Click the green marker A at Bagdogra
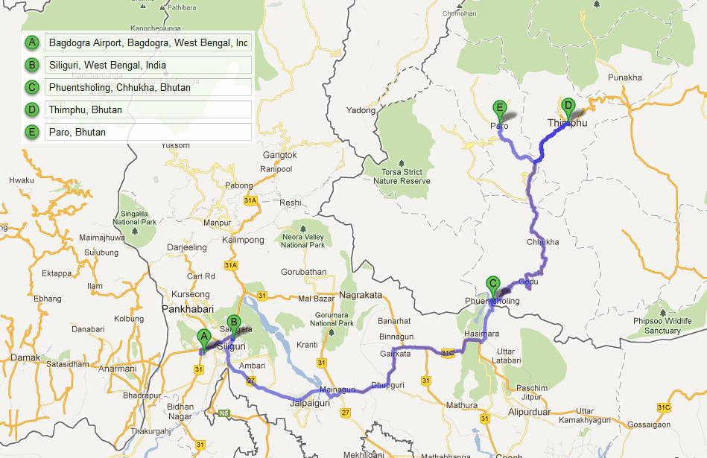[202, 337]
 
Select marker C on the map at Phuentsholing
[492, 284]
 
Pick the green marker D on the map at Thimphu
[568, 106]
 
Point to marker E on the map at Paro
[500, 108]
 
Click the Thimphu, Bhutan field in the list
[148, 110]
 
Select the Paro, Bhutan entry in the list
[148, 133]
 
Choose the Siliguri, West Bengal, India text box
[148, 66]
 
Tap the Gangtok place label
[280, 156]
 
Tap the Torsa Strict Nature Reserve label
[402, 176]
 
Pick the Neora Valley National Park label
[303, 241]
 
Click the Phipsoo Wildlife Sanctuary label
[663, 325]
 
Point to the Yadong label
[361, 111]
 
